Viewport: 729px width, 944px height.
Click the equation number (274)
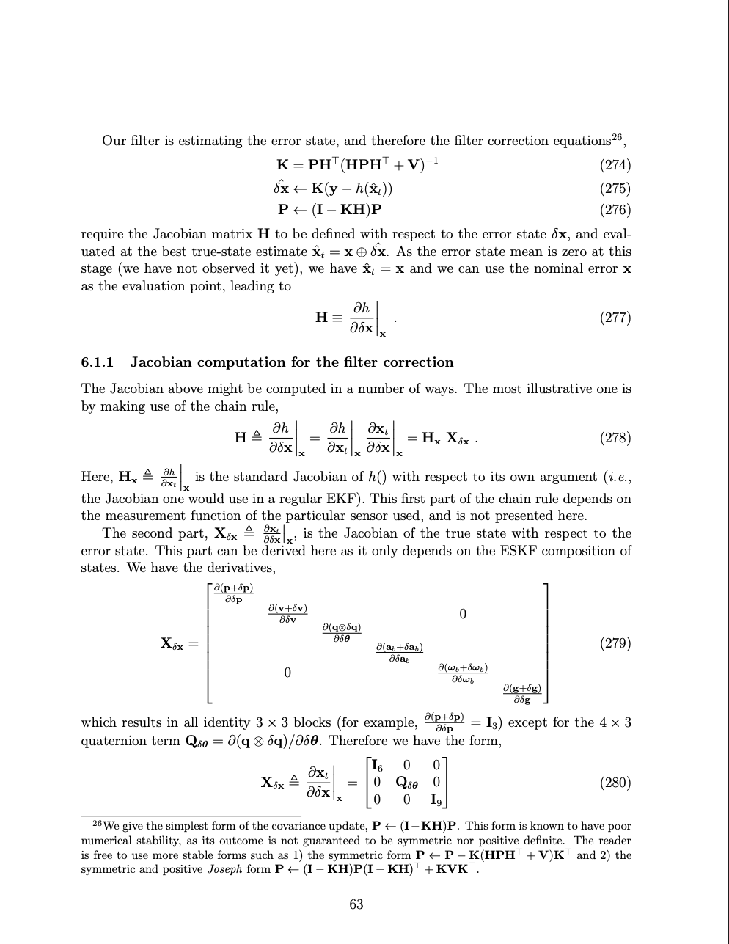(x=615, y=165)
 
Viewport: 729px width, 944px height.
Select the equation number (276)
(x=615, y=210)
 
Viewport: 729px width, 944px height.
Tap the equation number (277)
(x=615, y=318)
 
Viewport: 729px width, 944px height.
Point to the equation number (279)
(x=615, y=643)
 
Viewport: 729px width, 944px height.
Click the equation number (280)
(x=615, y=782)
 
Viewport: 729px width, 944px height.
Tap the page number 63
(x=356, y=904)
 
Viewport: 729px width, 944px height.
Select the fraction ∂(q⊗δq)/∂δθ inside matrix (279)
(x=342, y=633)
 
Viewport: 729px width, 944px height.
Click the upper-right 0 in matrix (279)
(x=462, y=613)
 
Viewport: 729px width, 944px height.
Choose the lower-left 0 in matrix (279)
(x=287, y=673)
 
